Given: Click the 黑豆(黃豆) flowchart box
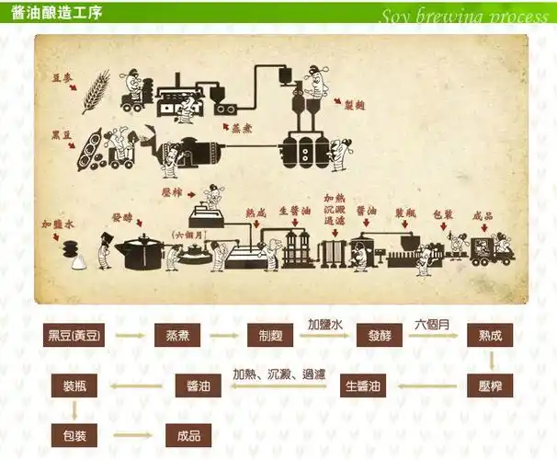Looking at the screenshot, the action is pos(75,335).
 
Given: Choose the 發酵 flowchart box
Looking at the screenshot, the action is pos(381,335).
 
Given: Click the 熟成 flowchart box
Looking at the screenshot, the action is pos(490,335).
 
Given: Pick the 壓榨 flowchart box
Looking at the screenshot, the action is pos(490,385).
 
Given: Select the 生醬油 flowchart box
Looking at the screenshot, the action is pos(365,385).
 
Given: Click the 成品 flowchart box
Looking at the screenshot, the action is pos(188,434).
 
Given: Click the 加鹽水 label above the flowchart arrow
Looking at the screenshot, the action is pos(324,325).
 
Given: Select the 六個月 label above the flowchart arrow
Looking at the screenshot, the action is pos(433,325).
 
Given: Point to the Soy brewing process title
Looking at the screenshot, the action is pos(463,16).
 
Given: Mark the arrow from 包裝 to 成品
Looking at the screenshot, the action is pos(131,435).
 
